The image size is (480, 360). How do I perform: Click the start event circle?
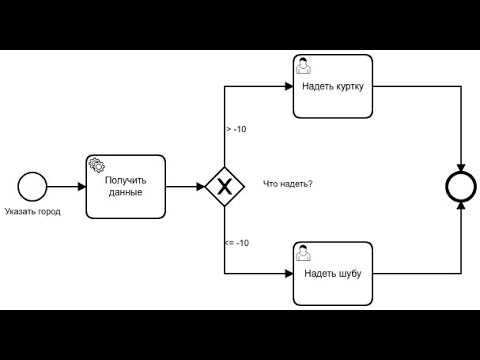pyautogui.click(x=33, y=186)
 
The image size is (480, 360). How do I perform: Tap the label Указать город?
pyautogui.click(x=32, y=212)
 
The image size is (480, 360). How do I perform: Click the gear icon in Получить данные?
pyautogui.click(x=97, y=165)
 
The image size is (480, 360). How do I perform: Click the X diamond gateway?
pyautogui.click(x=225, y=186)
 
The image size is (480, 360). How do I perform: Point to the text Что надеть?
pyautogui.click(x=288, y=184)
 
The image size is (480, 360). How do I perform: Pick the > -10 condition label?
pyautogui.click(x=237, y=129)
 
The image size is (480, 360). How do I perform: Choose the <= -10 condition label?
pyautogui.click(x=237, y=243)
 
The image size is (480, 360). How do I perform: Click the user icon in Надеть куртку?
pyautogui.click(x=302, y=65)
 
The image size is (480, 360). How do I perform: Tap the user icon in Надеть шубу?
pyautogui.click(x=302, y=253)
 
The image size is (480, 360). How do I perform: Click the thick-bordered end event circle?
pyautogui.click(x=462, y=186)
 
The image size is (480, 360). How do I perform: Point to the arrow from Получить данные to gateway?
pyautogui.click(x=184, y=186)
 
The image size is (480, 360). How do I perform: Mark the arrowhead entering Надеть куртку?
pyautogui.click(x=288, y=86)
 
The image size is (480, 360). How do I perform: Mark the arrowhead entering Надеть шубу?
pyautogui.click(x=288, y=273)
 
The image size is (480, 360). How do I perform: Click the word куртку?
pyautogui.click(x=349, y=86)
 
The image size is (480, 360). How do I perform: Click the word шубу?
pyautogui.click(x=348, y=273)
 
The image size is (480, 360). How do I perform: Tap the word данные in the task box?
pyautogui.click(x=125, y=192)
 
